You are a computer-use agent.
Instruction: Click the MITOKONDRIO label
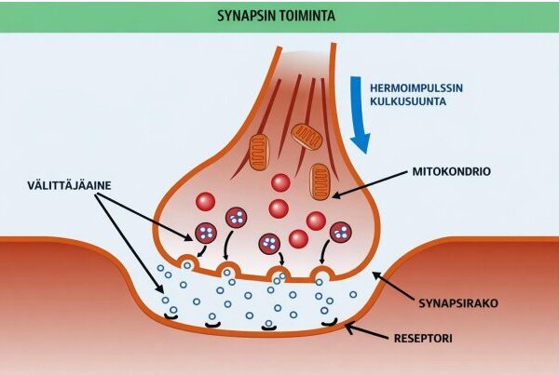point(451,171)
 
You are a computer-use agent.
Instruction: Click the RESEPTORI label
point(423,339)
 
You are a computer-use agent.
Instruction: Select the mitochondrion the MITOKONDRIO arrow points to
point(320,180)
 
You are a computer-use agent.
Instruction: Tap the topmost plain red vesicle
point(280,182)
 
